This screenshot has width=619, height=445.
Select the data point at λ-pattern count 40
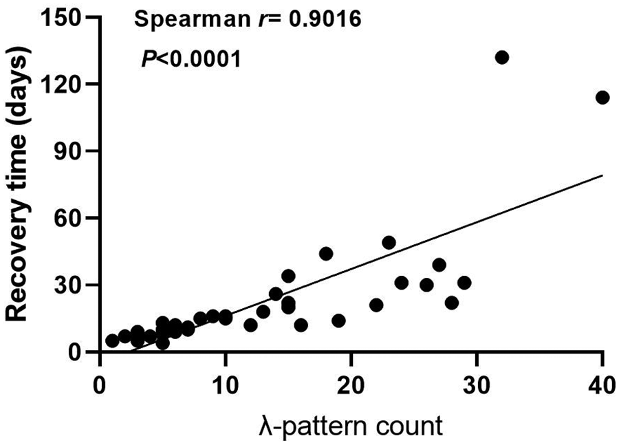[x=602, y=98]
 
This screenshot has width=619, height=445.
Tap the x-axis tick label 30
[x=477, y=382]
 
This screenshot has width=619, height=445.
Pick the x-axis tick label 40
[x=602, y=382]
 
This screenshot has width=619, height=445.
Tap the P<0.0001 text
[x=191, y=60]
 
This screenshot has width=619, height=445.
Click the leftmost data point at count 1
[x=112, y=340]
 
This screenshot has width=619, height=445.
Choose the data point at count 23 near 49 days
[x=389, y=243]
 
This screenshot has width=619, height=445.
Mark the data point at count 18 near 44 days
[x=326, y=254]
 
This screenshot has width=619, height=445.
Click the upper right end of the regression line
[x=602, y=175]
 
